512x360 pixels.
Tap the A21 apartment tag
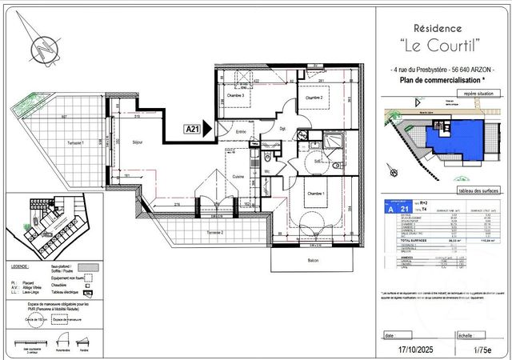(x=192, y=127)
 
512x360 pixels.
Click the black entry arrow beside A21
(x=207, y=127)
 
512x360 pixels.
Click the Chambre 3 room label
(x=234, y=95)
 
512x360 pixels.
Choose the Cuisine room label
(x=238, y=177)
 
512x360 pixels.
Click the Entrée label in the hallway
(x=241, y=132)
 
